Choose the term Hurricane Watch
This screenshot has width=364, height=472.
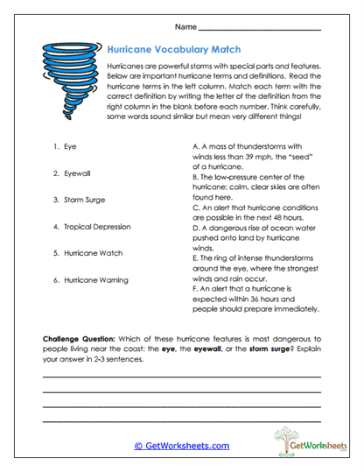pos(94,253)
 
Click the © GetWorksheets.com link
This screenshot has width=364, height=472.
pos(181,446)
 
